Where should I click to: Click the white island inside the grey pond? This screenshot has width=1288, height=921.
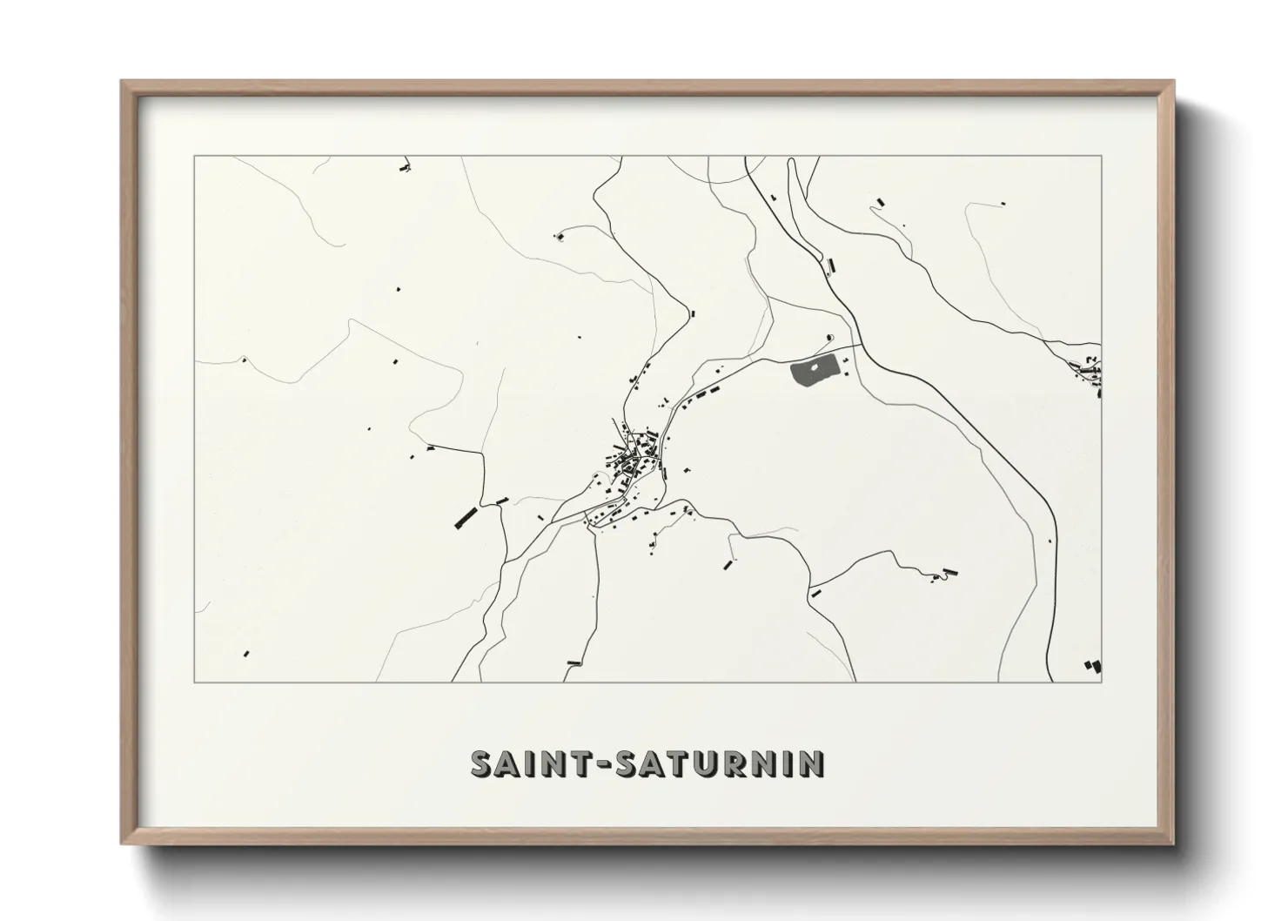(814, 370)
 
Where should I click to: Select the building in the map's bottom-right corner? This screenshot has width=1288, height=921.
(1091, 666)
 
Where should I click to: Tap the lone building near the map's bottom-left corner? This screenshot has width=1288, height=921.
(247, 653)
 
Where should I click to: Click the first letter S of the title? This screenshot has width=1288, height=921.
(480, 764)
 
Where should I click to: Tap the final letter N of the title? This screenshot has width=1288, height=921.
(814, 764)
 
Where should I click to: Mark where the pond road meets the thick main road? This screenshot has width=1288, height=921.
(862, 346)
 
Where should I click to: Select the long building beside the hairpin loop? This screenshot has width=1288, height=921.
(951, 572)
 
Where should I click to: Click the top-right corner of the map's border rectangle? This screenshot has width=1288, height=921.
(1102, 156)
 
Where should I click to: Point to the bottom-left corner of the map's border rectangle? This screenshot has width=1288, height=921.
(194, 682)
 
